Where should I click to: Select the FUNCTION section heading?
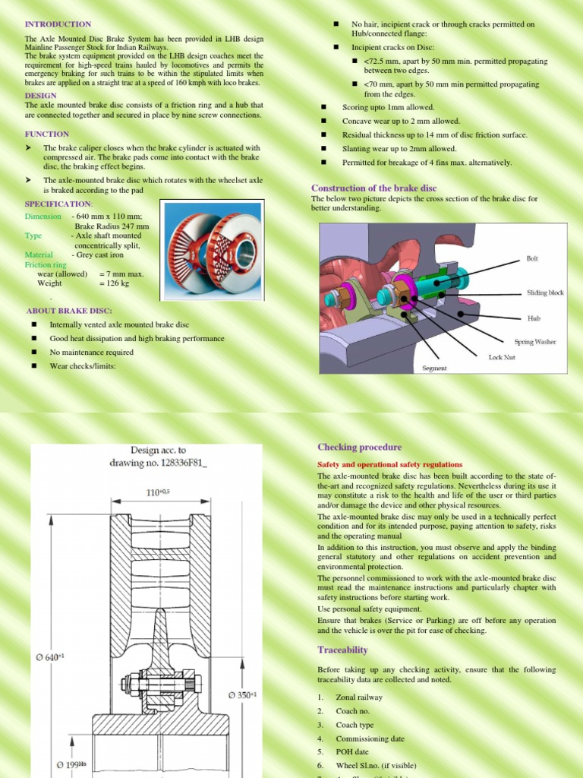coord(47,134)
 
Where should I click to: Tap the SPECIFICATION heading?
coord(59,204)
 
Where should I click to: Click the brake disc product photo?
coord(213,247)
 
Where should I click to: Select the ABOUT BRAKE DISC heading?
coord(69,311)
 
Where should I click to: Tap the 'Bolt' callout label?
coord(532,258)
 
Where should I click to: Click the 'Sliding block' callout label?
coord(545,293)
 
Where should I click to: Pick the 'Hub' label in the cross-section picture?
coord(534,318)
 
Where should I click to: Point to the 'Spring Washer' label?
coord(534,342)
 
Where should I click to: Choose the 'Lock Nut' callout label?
coord(502,356)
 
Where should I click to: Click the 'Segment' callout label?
coord(434,368)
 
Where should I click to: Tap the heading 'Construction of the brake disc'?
coord(374,188)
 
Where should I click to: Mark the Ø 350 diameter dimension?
coord(243,694)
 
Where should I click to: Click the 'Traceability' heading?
coord(342,650)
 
